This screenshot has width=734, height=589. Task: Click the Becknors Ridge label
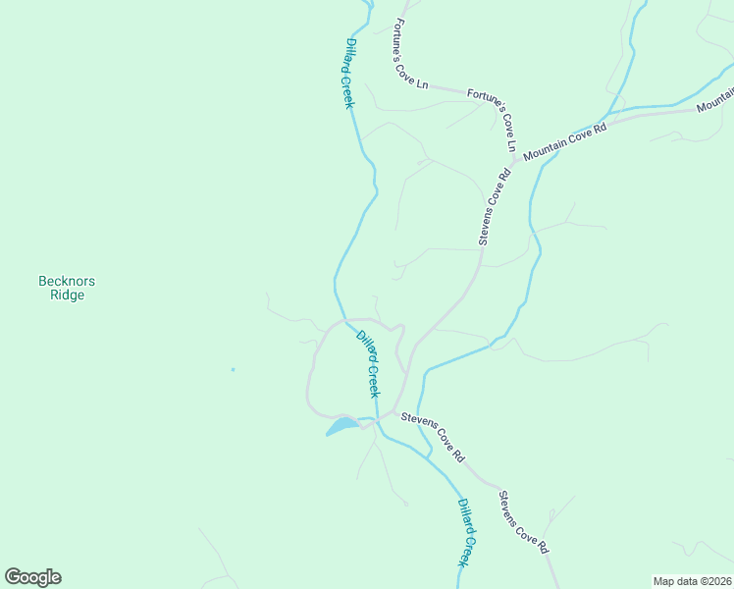(67, 288)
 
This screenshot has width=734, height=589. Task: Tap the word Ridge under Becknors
(67, 294)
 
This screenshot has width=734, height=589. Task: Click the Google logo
(32, 577)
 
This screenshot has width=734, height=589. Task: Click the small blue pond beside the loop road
(341, 426)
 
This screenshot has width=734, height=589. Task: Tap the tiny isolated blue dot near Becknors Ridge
(233, 369)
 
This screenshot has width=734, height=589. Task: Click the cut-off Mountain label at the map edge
(715, 98)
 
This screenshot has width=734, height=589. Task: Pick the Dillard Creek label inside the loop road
(368, 363)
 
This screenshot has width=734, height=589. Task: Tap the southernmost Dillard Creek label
(468, 531)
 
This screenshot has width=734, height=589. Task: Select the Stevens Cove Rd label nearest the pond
(433, 437)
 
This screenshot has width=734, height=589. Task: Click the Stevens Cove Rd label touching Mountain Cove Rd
(495, 206)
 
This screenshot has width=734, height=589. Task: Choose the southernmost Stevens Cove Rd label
(522, 521)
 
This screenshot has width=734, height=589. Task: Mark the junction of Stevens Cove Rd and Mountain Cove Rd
(512, 164)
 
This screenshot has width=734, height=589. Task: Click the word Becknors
(67, 281)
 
